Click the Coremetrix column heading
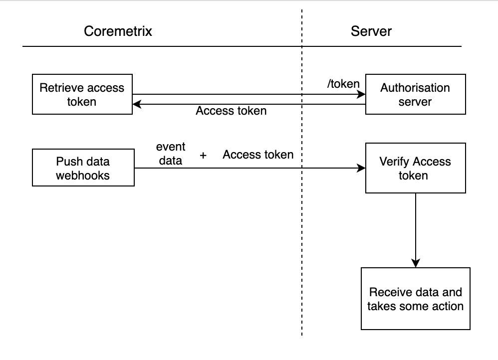coord(118,31)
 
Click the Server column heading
coord(371,31)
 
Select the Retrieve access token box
coord(82,95)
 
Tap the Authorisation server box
coord(415,95)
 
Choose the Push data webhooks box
coord(83,168)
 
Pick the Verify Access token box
coord(415,168)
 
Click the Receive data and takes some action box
coord(415,299)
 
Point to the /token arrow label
coord(343,84)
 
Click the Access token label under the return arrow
coord(231,111)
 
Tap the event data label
coord(171,154)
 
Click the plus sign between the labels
coord(203,156)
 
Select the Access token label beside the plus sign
coord(258,155)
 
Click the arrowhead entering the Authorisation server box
coord(361,95)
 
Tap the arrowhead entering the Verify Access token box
coord(361,169)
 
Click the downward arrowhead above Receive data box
coord(415,263)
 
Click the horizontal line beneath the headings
coord(150,47)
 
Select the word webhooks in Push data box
coord(83,175)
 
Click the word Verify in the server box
coord(395,162)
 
